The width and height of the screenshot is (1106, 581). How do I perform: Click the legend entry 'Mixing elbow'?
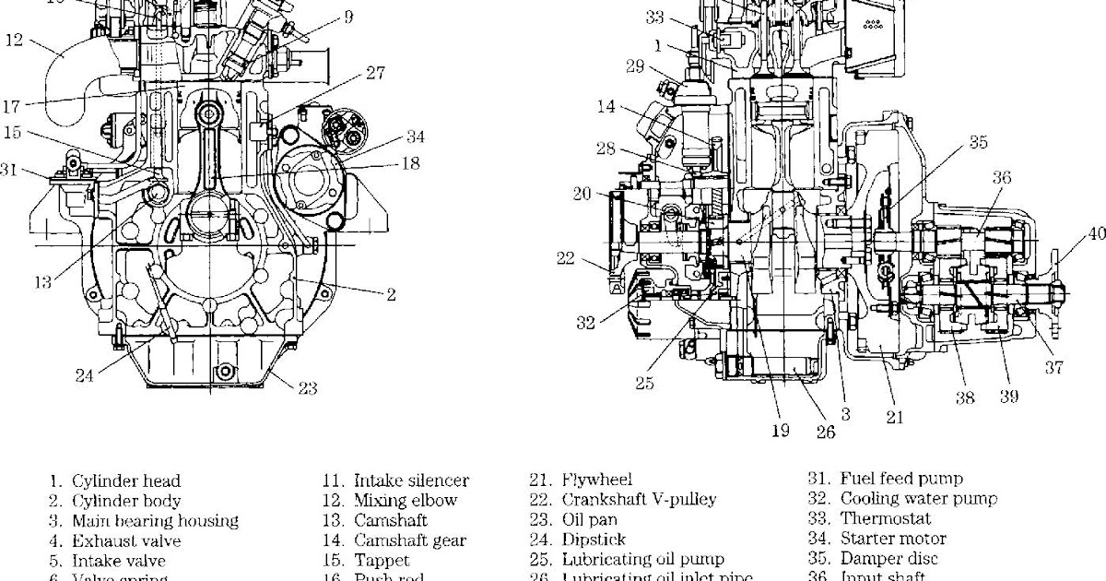coord(405,501)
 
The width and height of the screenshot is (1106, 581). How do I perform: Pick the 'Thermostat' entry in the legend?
coord(886,519)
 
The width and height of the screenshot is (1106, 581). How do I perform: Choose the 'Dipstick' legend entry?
coord(594,539)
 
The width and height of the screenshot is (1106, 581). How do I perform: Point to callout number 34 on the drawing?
coord(416,137)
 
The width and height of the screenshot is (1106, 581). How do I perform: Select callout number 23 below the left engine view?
coord(307,388)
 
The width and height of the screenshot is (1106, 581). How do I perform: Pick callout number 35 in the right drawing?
coord(978,143)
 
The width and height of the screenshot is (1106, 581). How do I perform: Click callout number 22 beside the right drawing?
coord(566,258)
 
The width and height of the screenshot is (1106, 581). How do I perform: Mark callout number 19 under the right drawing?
coord(780,431)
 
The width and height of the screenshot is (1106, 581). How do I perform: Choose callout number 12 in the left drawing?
coord(15,40)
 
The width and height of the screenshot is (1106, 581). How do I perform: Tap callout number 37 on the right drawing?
coord(1053,368)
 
